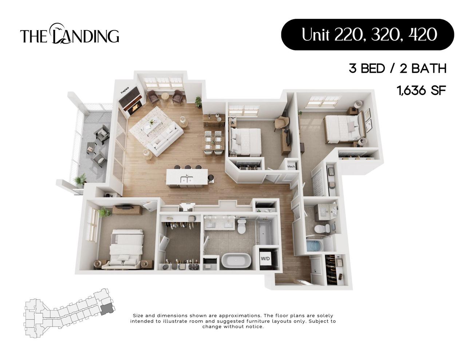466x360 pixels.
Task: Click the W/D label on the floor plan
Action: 265,259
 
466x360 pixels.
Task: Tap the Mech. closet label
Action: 291,167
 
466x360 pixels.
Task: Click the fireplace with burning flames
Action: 136,107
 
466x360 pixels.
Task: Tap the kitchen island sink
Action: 187,179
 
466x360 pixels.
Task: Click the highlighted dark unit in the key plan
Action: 107,309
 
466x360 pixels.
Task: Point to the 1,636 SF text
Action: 422,90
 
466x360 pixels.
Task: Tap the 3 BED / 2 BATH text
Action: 398,68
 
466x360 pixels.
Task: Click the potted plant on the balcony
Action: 80,179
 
